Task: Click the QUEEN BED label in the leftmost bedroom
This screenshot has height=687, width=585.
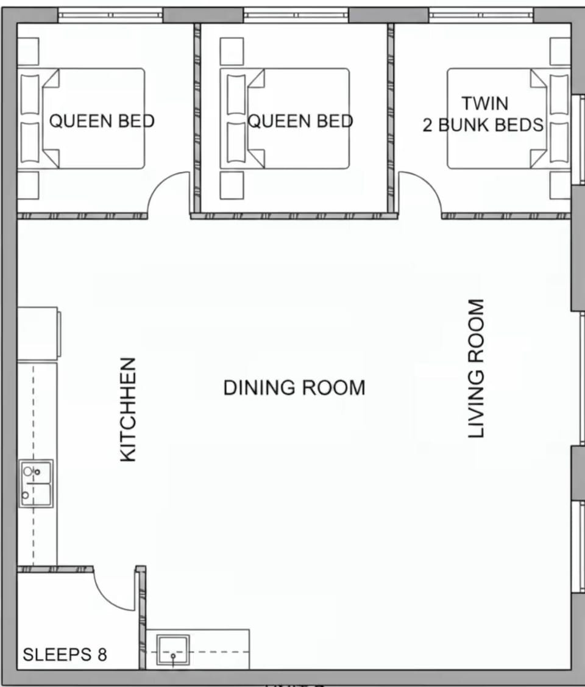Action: pos(102,121)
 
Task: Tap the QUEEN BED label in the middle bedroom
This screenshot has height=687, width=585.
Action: pos(300,121)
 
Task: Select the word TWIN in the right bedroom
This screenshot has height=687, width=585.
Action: pos(484,103)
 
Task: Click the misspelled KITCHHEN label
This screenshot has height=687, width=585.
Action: pos(128,409)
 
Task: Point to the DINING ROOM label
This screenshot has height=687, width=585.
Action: pos(294,387)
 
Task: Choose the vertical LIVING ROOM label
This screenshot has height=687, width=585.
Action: pos(476,368)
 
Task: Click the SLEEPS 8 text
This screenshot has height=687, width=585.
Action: pos(65,655)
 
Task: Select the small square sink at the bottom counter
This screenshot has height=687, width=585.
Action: pos(173,650)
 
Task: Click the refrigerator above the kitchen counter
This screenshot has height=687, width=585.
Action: pos(38,333)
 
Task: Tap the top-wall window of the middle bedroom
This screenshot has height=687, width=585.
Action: pos(296,15)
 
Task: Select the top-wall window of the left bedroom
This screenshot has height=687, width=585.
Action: pos(110,15)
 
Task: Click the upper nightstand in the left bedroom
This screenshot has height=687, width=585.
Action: pos(28,51)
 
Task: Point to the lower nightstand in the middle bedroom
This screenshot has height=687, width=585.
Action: pos(232,185)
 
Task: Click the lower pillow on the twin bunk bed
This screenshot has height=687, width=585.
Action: pos(558,143)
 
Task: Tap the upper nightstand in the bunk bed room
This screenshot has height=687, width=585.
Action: pos(559,51)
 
